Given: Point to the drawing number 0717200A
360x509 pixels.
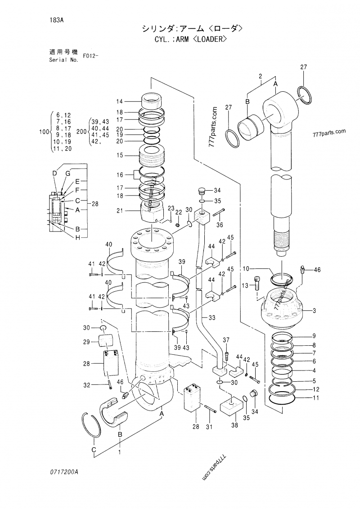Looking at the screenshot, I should (x=64, y=472).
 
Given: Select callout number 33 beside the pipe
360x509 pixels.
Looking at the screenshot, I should (x=211, y=317).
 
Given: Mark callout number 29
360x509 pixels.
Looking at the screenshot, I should (x=87, y=342).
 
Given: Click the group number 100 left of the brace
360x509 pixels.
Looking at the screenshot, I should (x=43, y=132).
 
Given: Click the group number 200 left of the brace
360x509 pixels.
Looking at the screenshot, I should (x=81, y=132).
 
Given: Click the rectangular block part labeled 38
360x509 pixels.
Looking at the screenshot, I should (x=231, y=406).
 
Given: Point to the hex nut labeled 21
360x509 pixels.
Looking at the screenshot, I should (x=153, y=210).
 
